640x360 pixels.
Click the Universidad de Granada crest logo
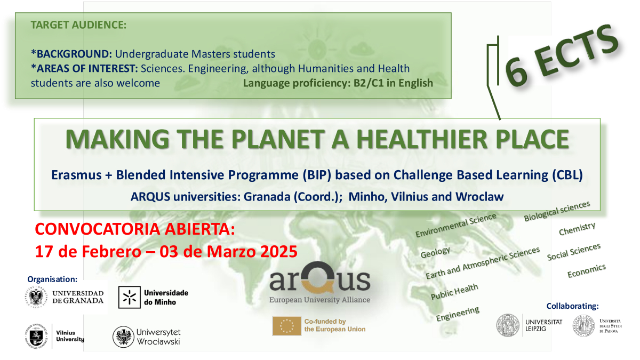tap(36, 297)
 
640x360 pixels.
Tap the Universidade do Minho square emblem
tap(130, 297)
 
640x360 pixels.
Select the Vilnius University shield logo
tap(36, 337)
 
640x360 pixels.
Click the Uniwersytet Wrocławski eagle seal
tap(123, 337)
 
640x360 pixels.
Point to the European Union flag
tap(287, 326)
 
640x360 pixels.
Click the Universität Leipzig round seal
tap(508, 325)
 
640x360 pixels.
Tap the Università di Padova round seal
tap(583, 326)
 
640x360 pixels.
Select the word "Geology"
tap(435, 252)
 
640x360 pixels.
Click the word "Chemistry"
tap(577, 229)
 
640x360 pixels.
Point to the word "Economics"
tap(586, 270)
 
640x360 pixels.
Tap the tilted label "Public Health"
tap(454, 291)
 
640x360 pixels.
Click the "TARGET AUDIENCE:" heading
tap(78, 25)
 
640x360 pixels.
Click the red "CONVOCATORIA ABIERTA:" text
tap(135, 229)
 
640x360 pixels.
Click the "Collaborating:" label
tap(572, 306)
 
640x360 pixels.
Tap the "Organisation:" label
tap(52, 279)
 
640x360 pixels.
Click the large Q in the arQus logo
tap(318, 277)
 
